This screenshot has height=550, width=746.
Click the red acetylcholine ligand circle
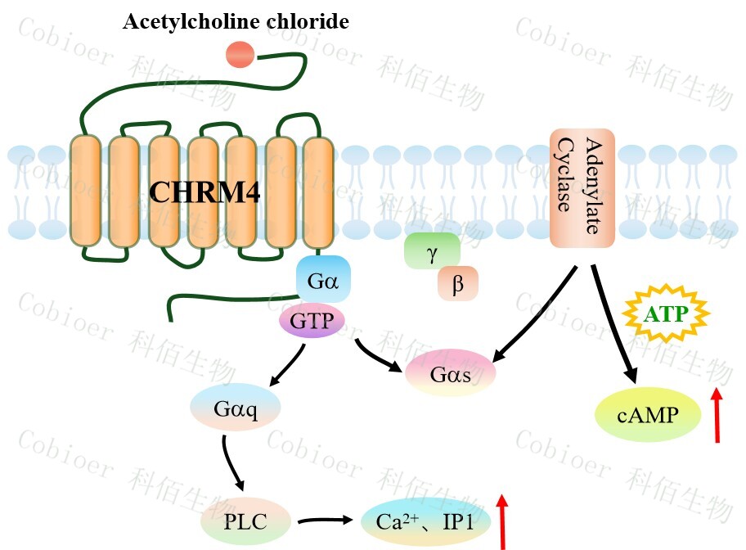pyautogui.click(x=240, y=55)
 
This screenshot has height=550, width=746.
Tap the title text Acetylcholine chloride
pyautogui.click(x=236, y=21)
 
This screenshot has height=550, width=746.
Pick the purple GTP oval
pyautogui.click(x=312, y=321)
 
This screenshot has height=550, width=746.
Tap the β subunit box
pyautogui.click(x=457, y=284)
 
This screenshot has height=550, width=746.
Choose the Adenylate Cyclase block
pyautogui.click(x=582, y=187)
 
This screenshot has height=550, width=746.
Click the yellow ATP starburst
pyautogui.click(x=665, y=314)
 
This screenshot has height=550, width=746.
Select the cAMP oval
pyautogui.click(x=648, y=414)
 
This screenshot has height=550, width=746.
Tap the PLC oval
pyautogui.click(x=245, y=521)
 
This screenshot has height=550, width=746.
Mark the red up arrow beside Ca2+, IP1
pyautogui.click(x=502, y=521)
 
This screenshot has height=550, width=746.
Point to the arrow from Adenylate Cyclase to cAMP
pyautogui.click(x=612, y=322)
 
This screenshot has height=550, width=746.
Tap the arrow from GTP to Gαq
pyautogui.click(x=283, y=365)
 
